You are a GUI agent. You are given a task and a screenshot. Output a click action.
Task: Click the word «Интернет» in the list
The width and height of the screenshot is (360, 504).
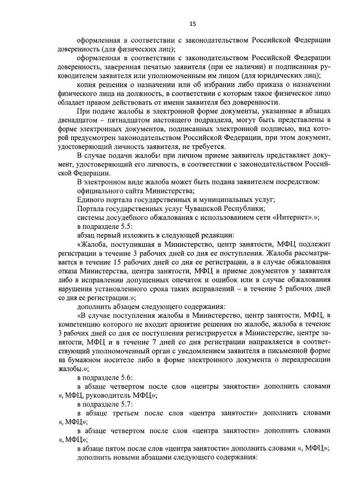pos(300,217)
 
